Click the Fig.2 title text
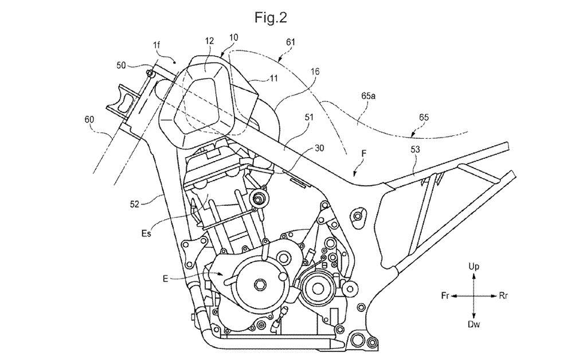click(271, 17)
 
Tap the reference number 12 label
click(209, 41)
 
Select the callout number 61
click(291, 42)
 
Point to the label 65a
click(369, 96)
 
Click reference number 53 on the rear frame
click(415, 150)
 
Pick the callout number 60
click(89, 120)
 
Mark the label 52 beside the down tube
click(134, 204)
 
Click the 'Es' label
click(146, 233)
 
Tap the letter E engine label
click(165, 279)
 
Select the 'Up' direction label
click(474, 267)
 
